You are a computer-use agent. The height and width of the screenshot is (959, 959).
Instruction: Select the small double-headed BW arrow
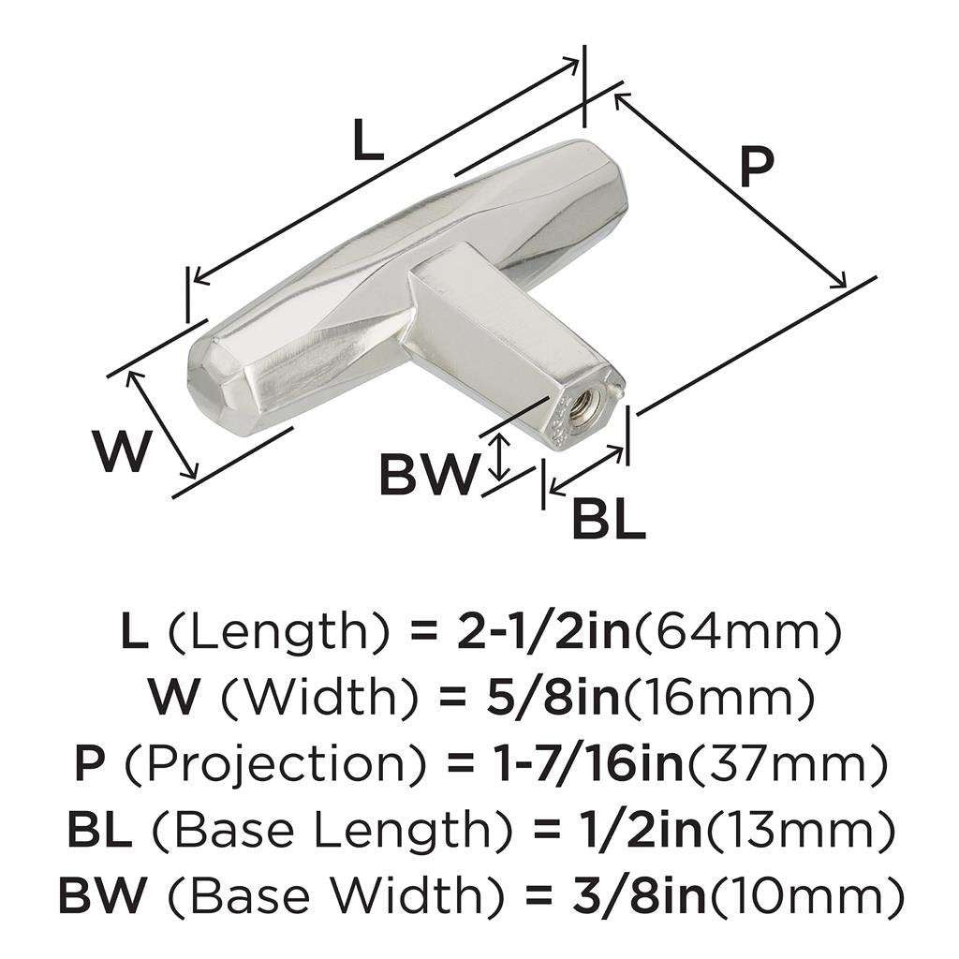tap(502, 456)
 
